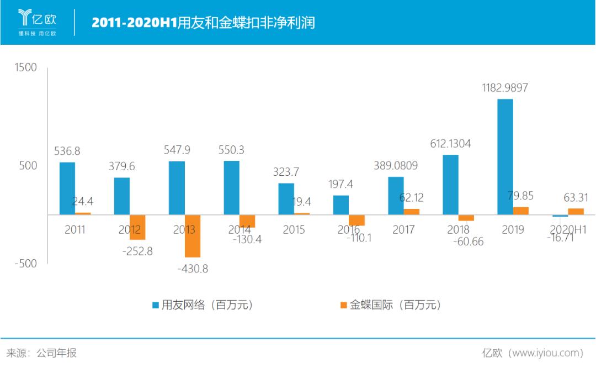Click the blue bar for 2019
(x=505, y=156)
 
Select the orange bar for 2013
(x=193, y=235)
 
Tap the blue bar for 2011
(x=67, y=188)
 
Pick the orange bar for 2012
(x=137, y=227)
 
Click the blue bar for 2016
(x=341, y=205)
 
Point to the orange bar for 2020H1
(x=576, y=211)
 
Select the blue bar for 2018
(x=450, y=184)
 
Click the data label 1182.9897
(x=505, y=88)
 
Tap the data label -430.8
(x=193, y=269)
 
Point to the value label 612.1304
(x=450, y=144)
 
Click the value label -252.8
(x=137, y=251)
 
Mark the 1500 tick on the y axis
(x=26, y=68)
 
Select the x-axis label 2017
(x=403, y=230)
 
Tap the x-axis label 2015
(x=294, y=230)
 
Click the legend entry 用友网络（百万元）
(x=202, y=305)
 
